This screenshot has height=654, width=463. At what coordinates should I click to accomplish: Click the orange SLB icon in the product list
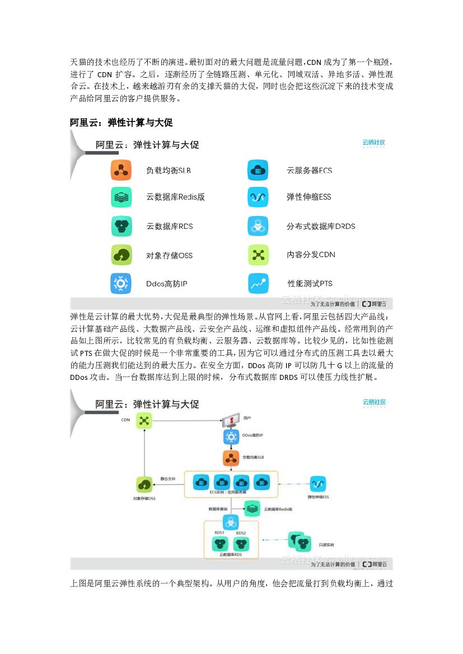(x=121, y=170)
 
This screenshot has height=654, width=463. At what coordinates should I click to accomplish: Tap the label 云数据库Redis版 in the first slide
(x=175, y=197)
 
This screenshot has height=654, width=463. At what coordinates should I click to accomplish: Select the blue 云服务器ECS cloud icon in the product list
(x=258, y=170)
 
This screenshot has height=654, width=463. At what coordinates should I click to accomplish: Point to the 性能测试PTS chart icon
(x=258, y=284)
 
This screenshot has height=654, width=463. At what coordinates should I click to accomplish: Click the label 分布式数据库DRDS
(x=320, y=227)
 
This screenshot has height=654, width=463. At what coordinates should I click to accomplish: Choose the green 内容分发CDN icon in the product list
(x=258, y=255)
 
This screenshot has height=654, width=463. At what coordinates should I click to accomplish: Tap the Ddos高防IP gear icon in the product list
(x=121, y=284)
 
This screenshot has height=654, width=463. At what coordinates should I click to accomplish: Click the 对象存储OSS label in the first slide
(x=169, y=256)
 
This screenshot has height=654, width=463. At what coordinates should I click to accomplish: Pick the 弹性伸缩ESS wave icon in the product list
(x=258, y=197)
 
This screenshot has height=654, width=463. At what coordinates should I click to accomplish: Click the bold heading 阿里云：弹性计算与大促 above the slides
(x=124, y=123)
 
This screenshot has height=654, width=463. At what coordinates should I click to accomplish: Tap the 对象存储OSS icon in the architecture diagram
(x=144, y=484)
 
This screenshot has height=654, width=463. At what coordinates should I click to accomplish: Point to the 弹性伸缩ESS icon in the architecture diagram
(x=318, y=483)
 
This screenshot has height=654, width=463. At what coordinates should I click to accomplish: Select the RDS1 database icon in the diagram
(x=219, y=543)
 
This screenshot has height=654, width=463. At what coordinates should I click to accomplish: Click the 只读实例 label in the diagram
(x=326, y=544)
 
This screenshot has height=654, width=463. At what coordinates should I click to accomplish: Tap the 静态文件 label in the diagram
(x=168, y=479)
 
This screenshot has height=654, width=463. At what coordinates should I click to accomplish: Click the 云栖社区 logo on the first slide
(x=373, y=143)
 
